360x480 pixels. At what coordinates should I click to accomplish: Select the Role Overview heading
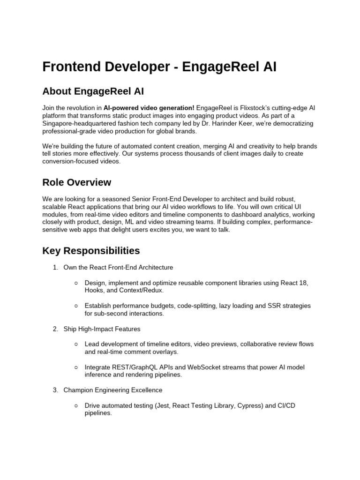click(77, 182)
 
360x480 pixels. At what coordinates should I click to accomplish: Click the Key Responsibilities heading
click(91, 251)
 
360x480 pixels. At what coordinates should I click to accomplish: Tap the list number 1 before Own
click(55, 268)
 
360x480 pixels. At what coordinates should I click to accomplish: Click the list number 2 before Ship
click(55, 329)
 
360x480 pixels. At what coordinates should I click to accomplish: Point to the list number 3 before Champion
click(55, 390)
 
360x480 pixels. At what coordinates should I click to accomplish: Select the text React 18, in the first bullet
click(294, 283)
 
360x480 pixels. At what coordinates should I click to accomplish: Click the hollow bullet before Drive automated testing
click(76, 405)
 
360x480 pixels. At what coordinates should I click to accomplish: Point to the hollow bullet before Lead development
click(76, 344)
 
